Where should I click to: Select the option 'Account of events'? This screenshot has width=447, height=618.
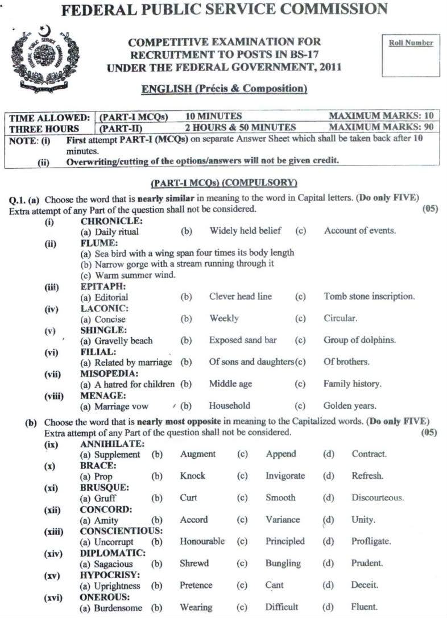360,231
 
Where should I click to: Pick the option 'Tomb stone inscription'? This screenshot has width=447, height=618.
369,297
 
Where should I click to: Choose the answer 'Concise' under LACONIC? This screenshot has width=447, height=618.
110,319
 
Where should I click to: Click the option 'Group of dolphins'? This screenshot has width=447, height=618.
359,341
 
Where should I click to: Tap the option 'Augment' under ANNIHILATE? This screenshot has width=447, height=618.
198,454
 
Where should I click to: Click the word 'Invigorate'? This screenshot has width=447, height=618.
285,476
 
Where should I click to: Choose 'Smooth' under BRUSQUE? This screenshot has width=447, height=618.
280,498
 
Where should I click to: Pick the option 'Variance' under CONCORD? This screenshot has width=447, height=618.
283,520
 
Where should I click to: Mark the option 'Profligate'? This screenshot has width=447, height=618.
371,542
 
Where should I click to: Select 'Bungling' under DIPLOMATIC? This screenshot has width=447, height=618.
283,563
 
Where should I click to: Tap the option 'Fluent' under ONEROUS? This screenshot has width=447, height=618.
364,607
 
